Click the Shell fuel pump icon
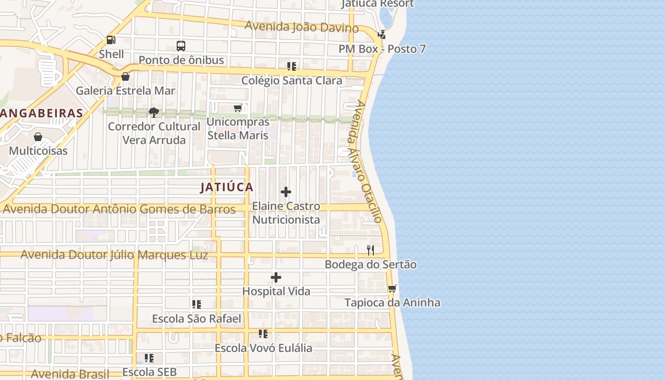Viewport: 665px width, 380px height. (111, 40)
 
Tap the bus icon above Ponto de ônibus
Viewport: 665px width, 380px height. (181, 46)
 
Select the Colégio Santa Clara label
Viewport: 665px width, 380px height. (291, 80)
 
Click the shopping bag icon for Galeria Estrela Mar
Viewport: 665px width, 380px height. (125, 76)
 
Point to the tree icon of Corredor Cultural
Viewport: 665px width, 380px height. (153, 113)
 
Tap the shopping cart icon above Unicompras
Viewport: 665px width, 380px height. (237, 108)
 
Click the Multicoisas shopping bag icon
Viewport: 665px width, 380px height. (38, 137)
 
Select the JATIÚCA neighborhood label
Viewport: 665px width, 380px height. (227, 187)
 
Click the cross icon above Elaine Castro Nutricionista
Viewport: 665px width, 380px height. (286, 192)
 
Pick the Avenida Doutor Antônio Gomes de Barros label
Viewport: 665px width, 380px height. (119, 209)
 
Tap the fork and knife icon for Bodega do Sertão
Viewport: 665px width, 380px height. (370, 250)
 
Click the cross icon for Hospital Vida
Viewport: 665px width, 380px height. (276, 277)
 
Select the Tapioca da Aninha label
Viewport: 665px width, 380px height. (392, 303)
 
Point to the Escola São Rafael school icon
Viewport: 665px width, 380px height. (197, 304)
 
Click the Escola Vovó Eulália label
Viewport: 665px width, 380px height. (263, 348)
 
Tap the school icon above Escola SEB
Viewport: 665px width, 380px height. (149, 358)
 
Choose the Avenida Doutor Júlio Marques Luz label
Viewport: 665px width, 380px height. (114, 255)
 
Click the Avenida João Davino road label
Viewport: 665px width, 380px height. (301, 27)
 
